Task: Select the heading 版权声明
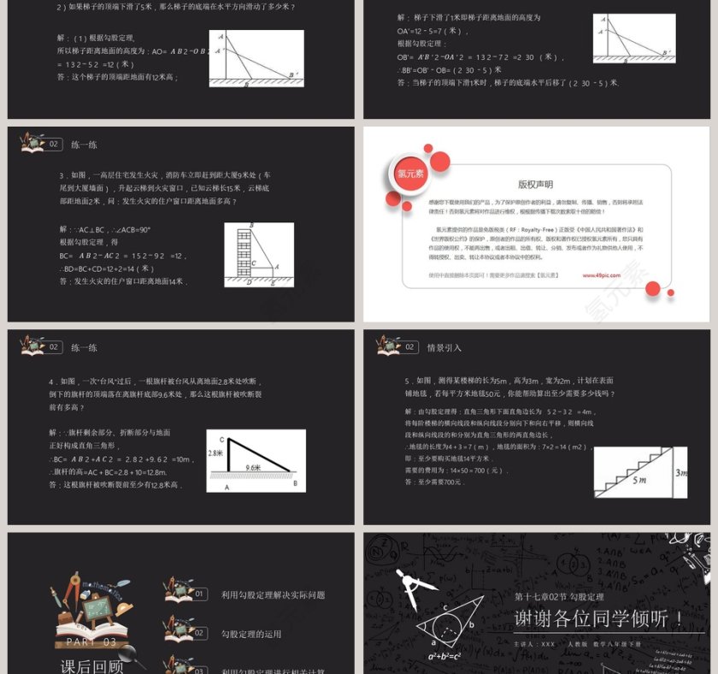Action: [536, 184]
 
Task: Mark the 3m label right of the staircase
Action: [681, 471]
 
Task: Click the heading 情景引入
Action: [444, 347]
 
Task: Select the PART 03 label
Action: [92, 641]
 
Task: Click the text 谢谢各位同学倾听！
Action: [599, 618]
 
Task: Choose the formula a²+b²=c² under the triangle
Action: [445, 656]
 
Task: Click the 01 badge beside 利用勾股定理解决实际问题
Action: [199, 594]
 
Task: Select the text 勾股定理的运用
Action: [251, 634]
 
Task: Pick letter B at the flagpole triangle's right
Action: [295, 483]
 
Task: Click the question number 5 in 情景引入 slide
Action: [407, 380]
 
